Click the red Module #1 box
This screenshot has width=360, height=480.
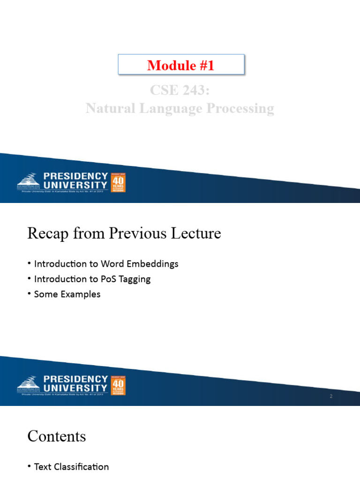click(181, 65)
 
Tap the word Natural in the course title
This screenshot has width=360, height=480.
click(109, 109)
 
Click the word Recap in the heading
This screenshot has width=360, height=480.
click(46, 233)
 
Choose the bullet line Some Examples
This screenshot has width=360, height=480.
click(67, 294)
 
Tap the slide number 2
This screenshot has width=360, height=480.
click(331, 397)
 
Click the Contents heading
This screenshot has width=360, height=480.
click(57, 436)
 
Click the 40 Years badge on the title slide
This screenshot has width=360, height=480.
click(118, 182)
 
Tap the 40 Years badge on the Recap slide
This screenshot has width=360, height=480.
click(118, 385)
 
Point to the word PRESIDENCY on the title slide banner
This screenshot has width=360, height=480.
click(75, 176)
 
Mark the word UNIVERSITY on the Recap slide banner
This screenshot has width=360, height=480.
click(75, 388)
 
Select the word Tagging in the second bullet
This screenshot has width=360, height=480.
click(135, 279)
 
